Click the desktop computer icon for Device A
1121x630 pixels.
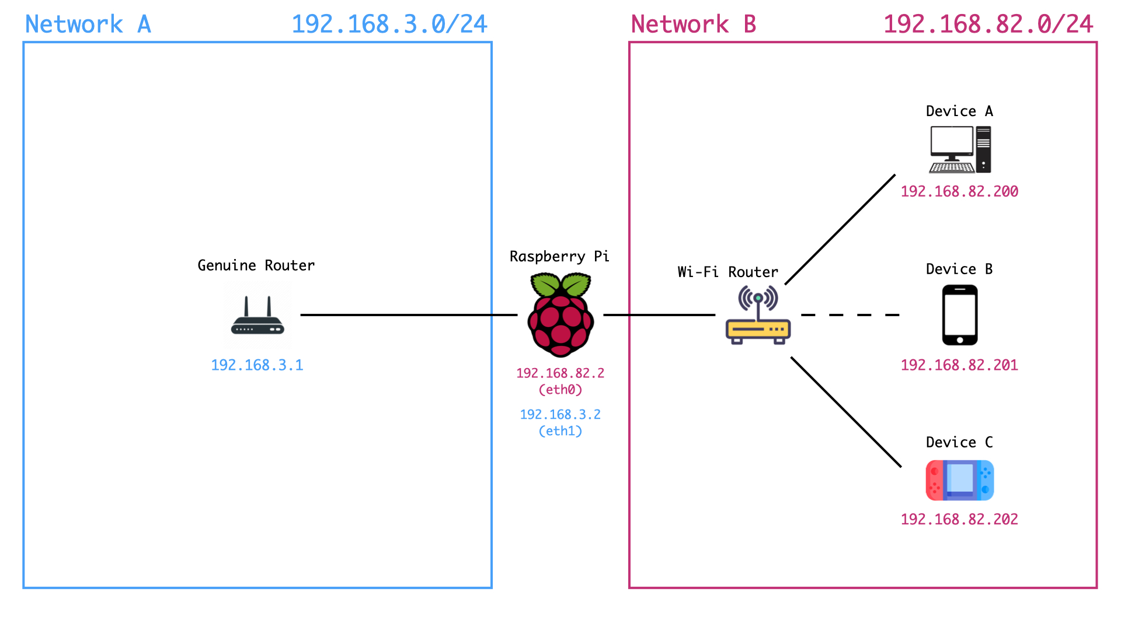pos(960,150)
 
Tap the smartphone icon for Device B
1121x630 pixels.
pos(960,315)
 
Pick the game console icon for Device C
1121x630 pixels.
pos(960,481)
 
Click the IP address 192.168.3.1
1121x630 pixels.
pos(257,365)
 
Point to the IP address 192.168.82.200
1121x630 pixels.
pos(959,191)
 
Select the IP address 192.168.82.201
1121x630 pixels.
pos(959,365)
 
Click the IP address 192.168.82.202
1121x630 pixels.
pos(959,519)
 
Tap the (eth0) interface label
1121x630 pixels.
pos(560,390)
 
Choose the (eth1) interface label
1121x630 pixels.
pos(560,431)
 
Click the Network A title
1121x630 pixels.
pos(88,24)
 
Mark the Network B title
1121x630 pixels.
pos(694,24)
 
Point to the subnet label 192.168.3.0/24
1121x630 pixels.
pos(389,24)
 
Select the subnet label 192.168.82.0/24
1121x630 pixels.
pos(988,24)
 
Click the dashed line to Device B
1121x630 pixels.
pos(850,315)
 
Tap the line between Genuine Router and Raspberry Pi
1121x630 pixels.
pos(409,315)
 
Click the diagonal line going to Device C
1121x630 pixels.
pos(846,412)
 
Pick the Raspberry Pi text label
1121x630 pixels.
pos(559,257)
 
